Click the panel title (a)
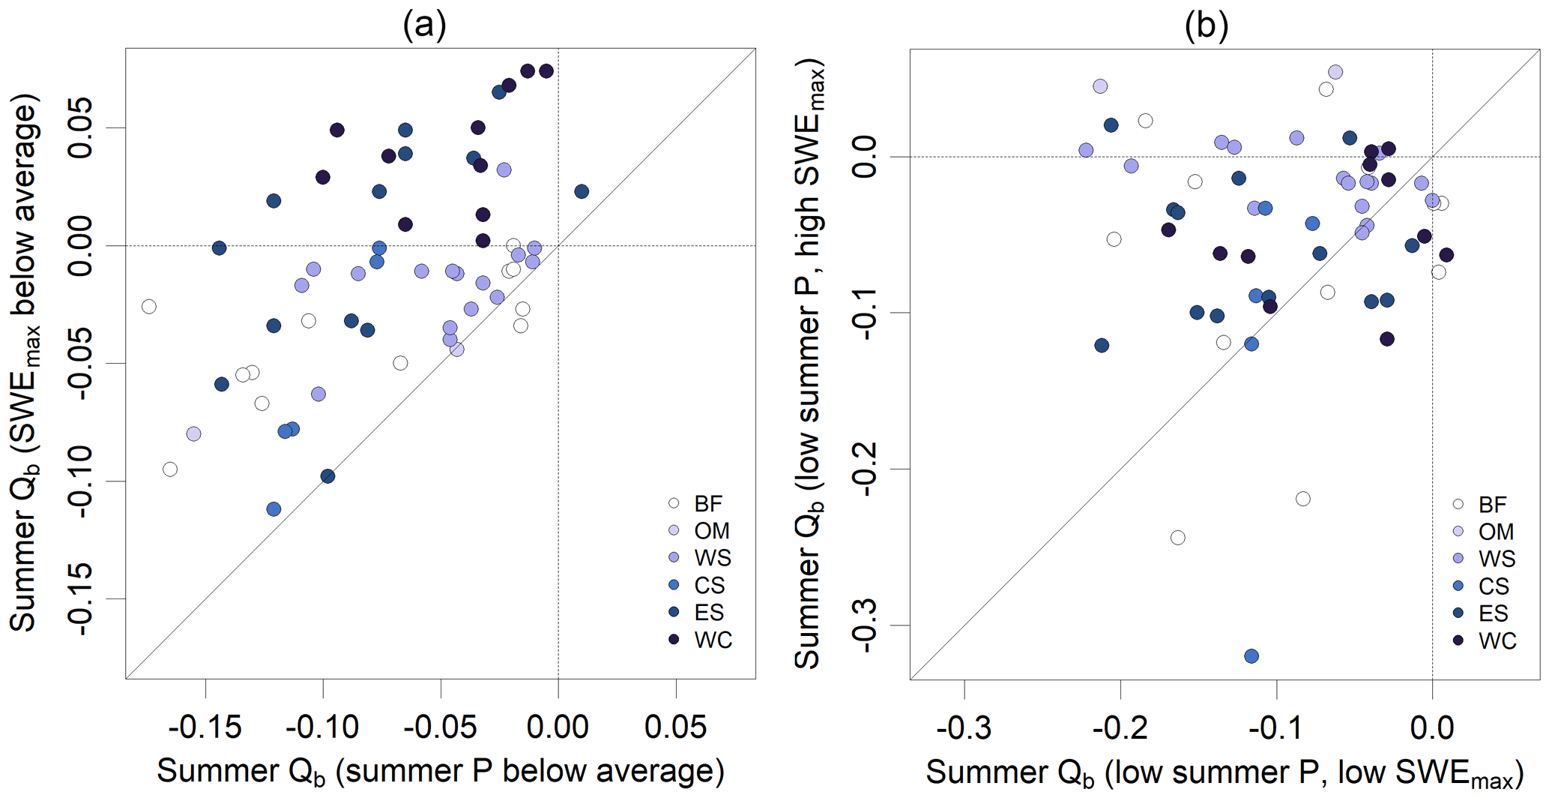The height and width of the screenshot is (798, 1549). click(424, 25)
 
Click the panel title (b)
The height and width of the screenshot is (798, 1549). click(1206, 25)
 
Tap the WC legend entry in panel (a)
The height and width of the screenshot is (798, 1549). click(700, 640)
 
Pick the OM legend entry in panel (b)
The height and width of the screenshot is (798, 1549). click(1483, 531)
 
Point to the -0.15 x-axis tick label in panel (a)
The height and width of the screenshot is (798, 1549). click(205, 727)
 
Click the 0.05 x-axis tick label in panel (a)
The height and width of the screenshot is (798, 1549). click(675, 727)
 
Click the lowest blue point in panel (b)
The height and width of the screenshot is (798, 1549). click(1251, 656)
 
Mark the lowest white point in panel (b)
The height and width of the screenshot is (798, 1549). click(1177, 538)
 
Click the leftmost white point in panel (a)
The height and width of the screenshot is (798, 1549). click(149, 307)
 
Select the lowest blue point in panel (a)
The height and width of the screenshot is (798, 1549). click(274, 509)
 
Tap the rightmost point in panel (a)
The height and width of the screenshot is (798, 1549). click(582, 192)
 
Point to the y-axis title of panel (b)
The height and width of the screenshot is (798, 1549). click(809, 364)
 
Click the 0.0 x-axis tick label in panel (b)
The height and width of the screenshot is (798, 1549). click(1432, 727)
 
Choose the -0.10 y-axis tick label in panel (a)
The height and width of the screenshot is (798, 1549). click(79, 481)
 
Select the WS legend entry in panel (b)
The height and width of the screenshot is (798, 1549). click(1483, 559)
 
